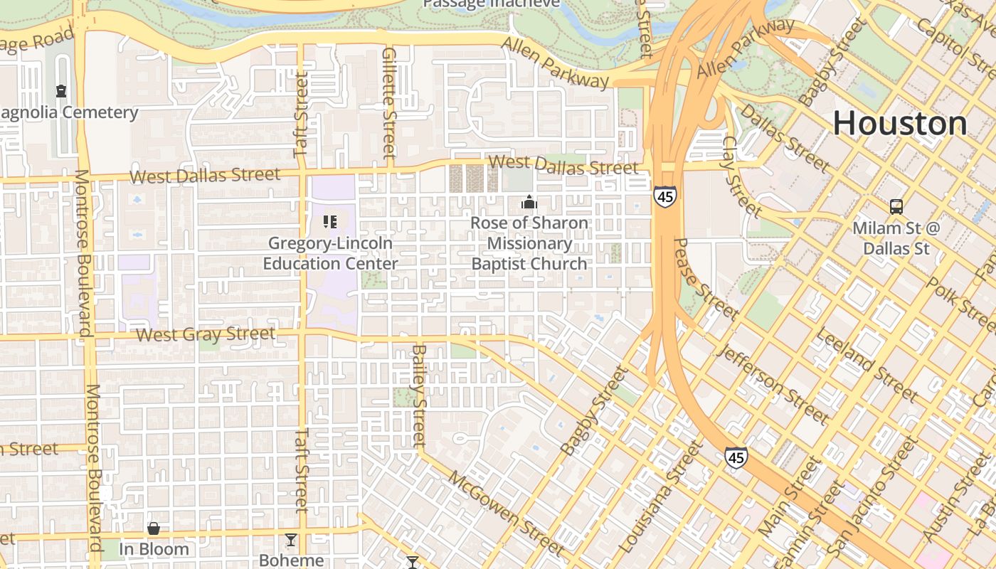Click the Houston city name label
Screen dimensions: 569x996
coord(899,123)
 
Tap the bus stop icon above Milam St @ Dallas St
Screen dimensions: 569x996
coord(896,207)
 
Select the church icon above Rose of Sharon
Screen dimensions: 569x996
coord(529,203)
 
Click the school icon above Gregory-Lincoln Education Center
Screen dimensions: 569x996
coord(329,222)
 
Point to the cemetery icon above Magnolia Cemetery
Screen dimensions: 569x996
coord(61,91)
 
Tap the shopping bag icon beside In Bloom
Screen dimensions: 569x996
coord(153,528)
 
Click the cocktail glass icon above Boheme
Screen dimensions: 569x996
coord(290,539)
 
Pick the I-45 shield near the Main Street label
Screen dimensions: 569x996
coord(736,457)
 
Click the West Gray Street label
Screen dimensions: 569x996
coord(206,334)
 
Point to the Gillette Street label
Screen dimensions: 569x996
coord(388,103)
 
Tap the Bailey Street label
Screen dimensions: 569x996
coord(419,396)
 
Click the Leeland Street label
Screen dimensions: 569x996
coord(867,364)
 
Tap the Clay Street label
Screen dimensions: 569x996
coord(741,177)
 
